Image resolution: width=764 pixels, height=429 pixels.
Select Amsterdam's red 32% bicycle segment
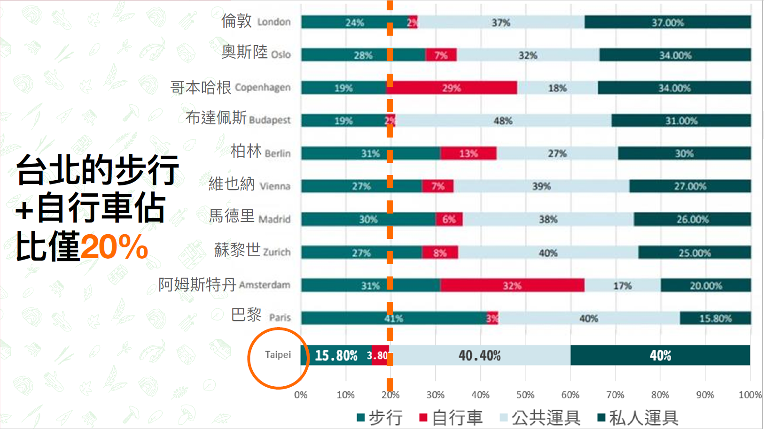point(512,285)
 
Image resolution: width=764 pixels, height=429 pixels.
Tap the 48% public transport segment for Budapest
point(503,121)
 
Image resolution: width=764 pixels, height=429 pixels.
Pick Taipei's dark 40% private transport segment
point(660,355)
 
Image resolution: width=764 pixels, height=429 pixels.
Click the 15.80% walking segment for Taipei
point(336,355)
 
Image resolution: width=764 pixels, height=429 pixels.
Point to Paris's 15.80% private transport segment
point(715,318)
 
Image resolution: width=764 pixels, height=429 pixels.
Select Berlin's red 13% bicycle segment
point(468,153)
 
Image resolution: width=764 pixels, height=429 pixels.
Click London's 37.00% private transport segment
point(667,22)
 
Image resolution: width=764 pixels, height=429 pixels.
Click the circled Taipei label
point(278,355)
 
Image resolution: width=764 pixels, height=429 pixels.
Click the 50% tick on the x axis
point(525,395)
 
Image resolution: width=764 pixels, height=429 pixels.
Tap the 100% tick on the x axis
point(750,395)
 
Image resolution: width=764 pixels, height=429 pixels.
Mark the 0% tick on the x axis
point(301,395)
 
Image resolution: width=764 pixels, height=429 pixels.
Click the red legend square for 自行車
point(423,417)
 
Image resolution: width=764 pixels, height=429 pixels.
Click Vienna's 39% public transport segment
point(541,186)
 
